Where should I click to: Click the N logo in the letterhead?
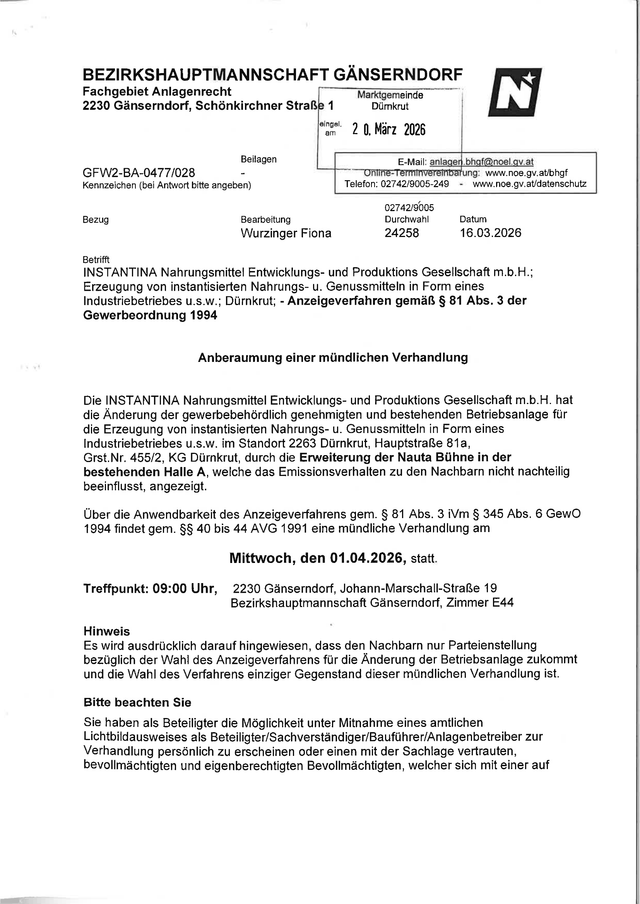(x=515, y=92)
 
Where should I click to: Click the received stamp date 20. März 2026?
(x=388, y=129)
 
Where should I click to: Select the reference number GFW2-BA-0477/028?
(x=139, y=172)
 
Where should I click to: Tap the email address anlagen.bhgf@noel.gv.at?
(x=481, y=162)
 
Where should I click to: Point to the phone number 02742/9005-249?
(x=414, y=184)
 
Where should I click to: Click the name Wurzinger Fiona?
(x=286, y=233)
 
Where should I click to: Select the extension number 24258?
(x=402, y=233)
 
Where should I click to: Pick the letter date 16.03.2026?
(x=490, y=233)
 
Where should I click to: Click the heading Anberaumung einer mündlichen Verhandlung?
(x=333, y=358)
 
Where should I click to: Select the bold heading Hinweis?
(x=106, y=631)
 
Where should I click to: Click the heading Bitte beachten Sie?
(x=137, y=703)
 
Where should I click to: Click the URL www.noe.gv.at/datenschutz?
(x=529, y=184)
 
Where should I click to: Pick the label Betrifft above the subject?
(x=96, y=259)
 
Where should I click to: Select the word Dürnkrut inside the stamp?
(x=390, y=106)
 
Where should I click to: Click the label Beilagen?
(x=258, y=159)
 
